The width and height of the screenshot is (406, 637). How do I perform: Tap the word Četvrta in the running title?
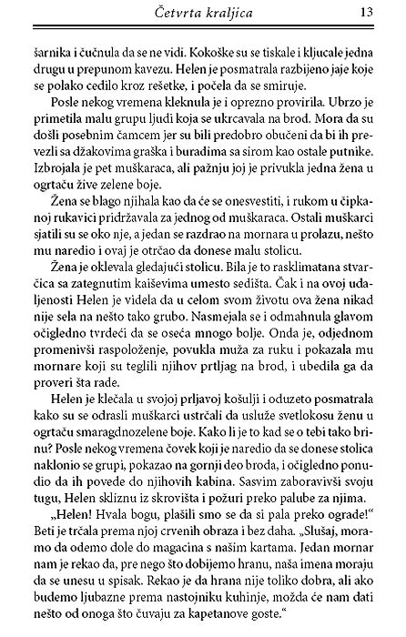click(x=181, y=12)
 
